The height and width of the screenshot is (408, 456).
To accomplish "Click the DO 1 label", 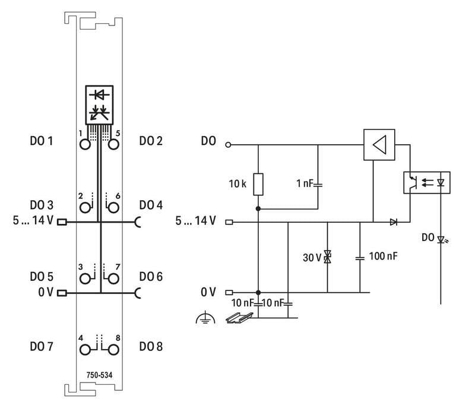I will pos(42,141).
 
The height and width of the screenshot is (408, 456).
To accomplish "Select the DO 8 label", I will pos(151,346).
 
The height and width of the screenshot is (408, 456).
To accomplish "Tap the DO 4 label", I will pos(151,205).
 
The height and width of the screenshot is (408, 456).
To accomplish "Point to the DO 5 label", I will pos(42,277).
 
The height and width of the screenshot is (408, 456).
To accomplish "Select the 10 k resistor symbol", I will pos(258,184).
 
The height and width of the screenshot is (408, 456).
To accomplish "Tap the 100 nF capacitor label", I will pos(384,257).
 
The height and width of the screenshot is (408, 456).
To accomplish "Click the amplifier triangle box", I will pos(379,144).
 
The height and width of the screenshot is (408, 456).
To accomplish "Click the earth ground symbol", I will pos(203,320).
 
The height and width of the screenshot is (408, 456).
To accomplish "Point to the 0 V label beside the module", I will pos(46,292).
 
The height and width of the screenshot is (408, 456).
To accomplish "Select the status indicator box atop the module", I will pos(99,103).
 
